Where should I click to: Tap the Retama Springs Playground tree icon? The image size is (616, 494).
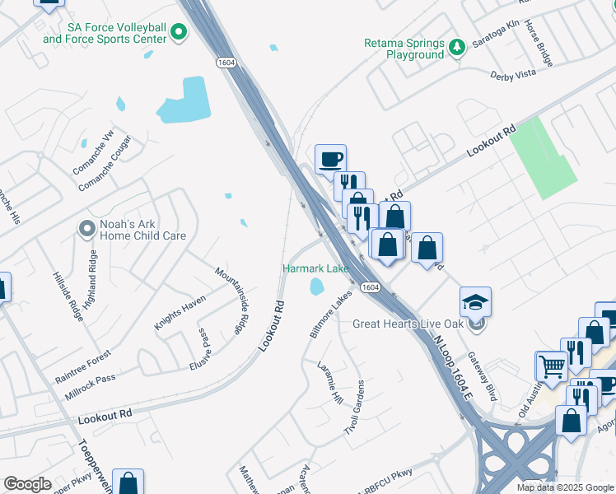tap(457, 49)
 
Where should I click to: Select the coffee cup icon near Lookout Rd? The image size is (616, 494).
tap(330, 159)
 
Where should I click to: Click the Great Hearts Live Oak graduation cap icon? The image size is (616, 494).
tap(476, 302)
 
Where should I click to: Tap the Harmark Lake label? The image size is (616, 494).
tap(315, 269)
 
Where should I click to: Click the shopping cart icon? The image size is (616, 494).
tap(550, 366)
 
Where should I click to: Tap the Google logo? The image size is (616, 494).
tap(28, 484)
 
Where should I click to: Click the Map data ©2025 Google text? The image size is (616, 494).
tap(565, 487)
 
